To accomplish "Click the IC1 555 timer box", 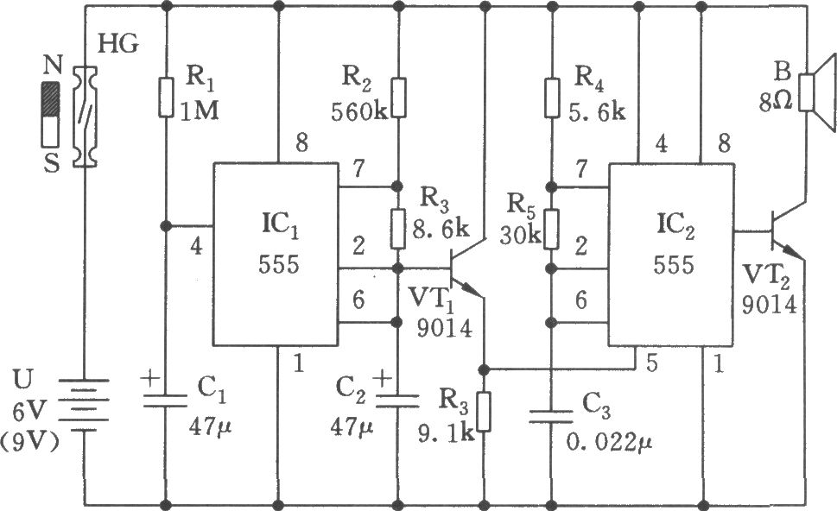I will click(276, 253).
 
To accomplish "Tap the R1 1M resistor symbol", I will click(166, 98).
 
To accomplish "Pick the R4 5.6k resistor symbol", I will click(551, 98).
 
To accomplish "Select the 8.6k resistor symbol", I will click(398, 226).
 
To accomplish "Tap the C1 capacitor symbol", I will click(166, 399).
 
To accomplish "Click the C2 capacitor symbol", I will click(398, 399).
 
